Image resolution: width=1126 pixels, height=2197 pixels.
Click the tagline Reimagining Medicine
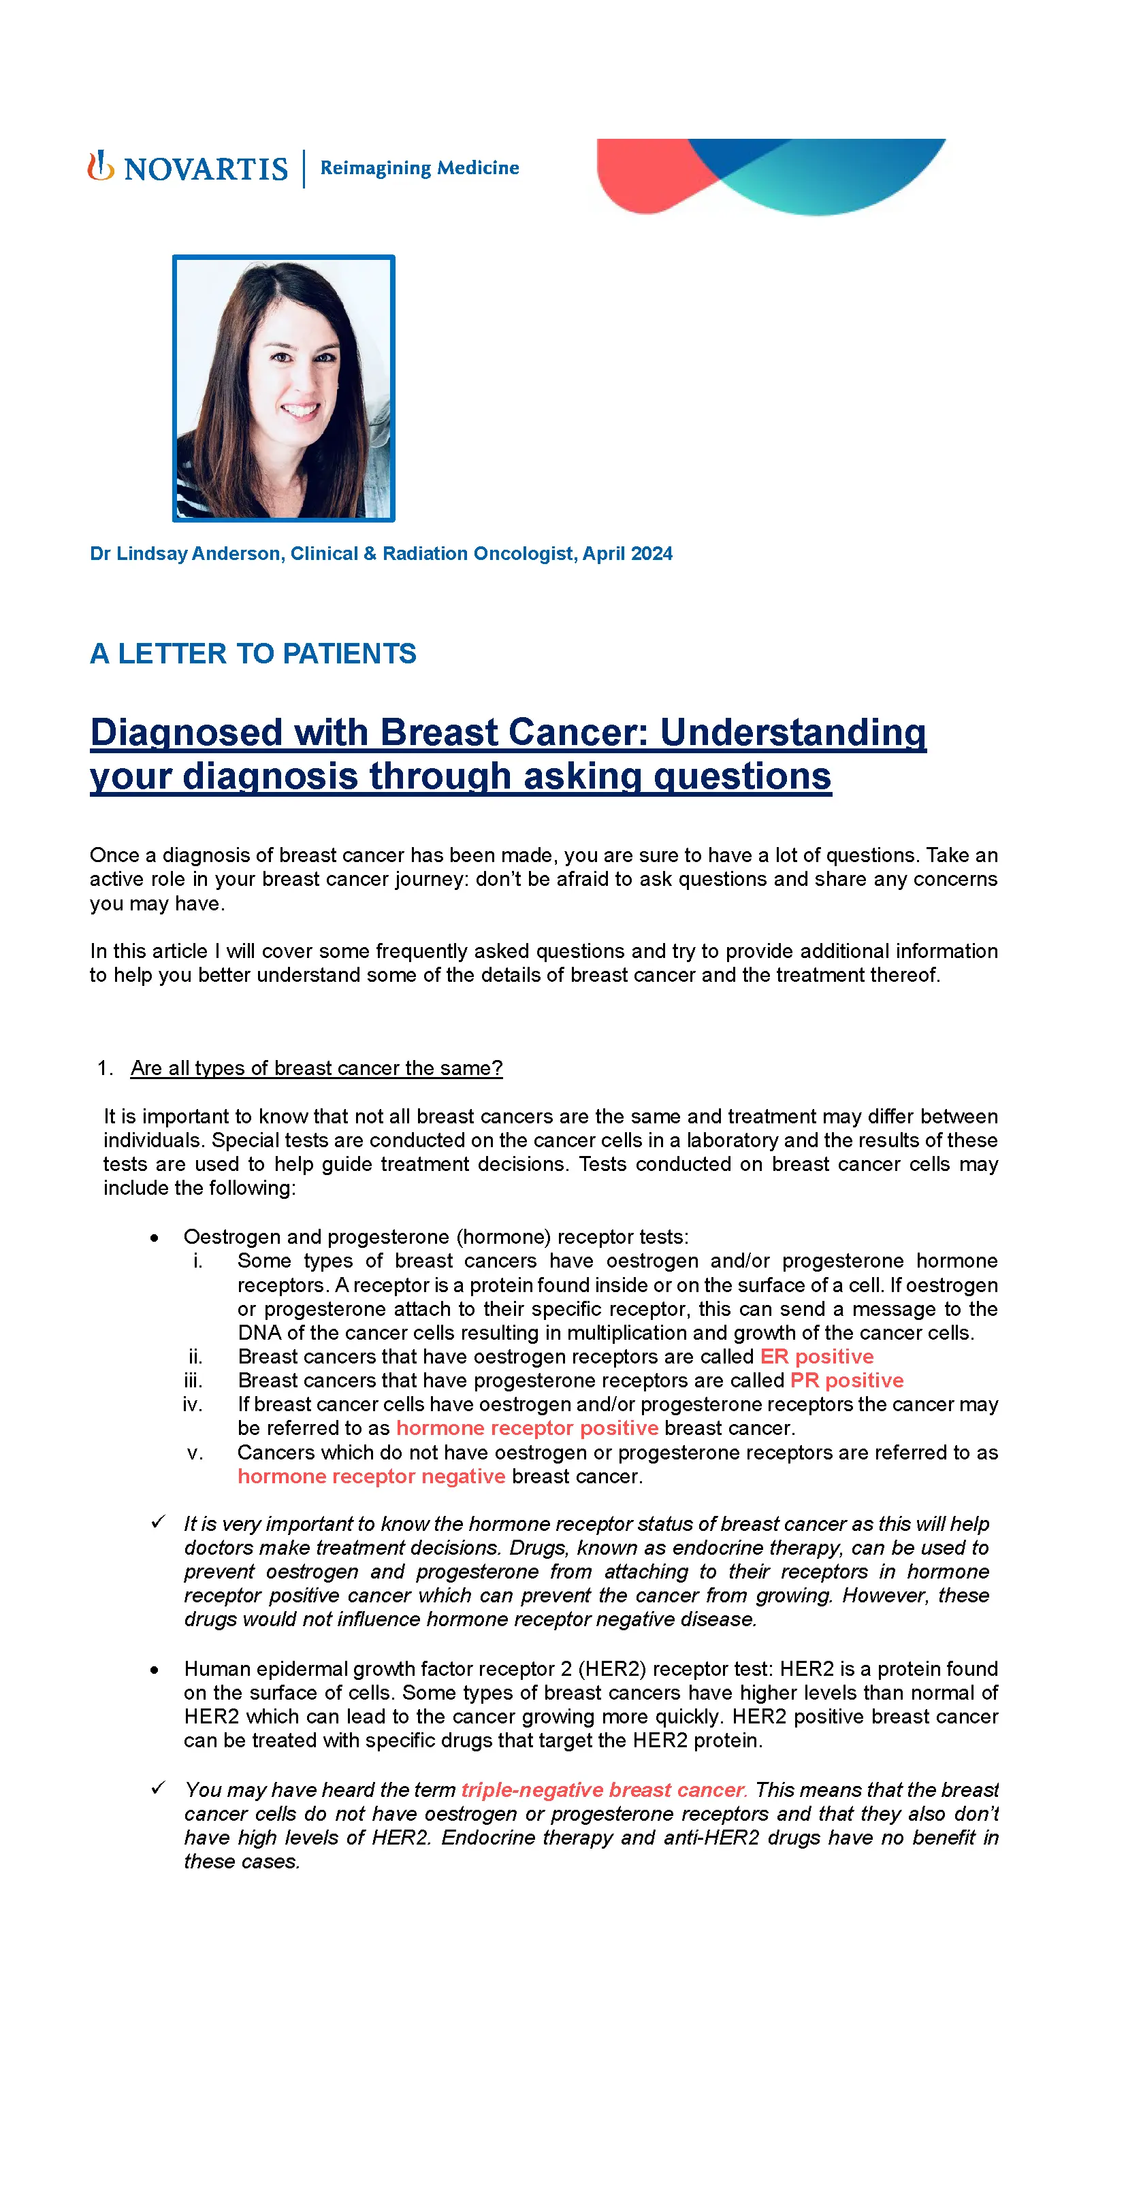coord(419,168)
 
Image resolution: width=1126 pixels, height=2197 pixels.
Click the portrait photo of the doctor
coord(283,388)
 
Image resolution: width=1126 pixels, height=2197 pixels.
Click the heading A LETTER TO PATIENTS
coord(253,653)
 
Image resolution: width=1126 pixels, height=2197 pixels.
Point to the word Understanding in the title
coord(792,733)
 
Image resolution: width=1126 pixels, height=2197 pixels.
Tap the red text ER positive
coord(816,1356)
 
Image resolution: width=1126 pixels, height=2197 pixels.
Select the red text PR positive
coord(846,1380)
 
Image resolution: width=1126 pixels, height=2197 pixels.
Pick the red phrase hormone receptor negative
coord(371,1476)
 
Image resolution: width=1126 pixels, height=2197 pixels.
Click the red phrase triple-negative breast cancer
coord(603,1789)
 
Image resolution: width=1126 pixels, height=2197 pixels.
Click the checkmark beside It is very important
coord(158,1522)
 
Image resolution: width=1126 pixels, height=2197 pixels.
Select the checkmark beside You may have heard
coord(158,1789)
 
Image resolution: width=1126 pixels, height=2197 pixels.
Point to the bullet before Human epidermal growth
coord(155,1670)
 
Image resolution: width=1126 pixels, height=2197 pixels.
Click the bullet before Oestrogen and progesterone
coord(155,1238)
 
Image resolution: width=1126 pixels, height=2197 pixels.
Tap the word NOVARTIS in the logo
coord(206,169)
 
